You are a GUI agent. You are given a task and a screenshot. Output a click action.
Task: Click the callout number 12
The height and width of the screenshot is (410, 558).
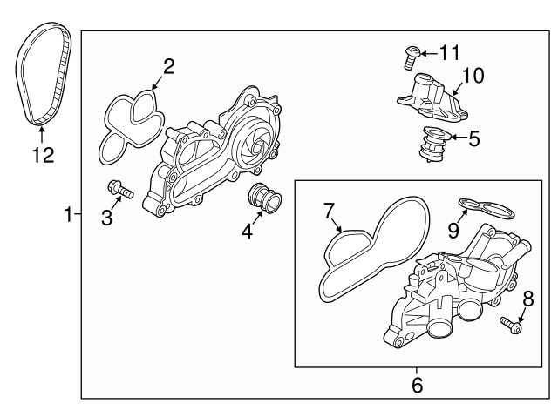43,156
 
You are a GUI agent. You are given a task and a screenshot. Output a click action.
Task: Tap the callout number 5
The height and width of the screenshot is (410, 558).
474,138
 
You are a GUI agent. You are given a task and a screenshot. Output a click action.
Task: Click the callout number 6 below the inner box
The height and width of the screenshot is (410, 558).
416,382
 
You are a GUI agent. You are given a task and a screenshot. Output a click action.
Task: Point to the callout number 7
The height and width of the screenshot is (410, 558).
328,210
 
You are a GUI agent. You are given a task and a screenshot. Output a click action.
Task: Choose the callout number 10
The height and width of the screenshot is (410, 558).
471,75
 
